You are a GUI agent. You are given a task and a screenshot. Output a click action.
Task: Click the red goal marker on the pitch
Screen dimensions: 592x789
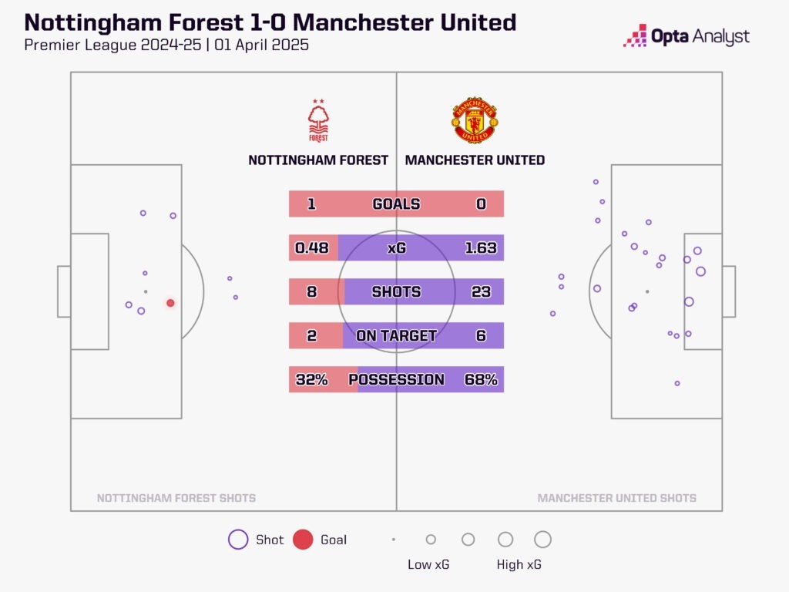point(170,303)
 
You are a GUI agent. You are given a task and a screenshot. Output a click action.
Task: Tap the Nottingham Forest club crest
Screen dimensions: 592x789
point(317,121)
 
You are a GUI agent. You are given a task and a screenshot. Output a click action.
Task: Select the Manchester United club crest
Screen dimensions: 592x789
point(475,120)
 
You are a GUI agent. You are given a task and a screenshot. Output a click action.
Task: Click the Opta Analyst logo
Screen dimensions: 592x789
point(687,36)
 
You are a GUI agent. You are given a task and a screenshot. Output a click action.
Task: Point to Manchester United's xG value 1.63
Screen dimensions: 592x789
point(481,248)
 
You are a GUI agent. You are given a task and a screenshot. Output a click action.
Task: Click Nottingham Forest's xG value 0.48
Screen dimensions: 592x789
point(312,248)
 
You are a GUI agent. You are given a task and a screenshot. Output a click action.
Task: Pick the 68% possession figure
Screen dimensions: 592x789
point(481,379)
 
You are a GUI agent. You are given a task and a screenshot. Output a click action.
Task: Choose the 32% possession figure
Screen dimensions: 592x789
point(311,379)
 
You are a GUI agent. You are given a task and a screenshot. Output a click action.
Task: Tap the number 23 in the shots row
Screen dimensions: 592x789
point(481,291)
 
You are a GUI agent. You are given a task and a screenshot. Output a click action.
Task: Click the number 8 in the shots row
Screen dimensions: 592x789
point(311,291)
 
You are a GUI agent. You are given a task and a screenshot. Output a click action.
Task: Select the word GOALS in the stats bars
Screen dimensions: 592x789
point(396,204)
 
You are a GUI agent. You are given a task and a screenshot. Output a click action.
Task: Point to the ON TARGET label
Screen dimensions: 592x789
point(396,335)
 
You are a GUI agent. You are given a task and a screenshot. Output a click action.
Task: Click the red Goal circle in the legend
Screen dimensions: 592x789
point(303,540)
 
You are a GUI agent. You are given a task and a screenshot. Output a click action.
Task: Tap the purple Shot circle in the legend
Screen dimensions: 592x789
point(238,540)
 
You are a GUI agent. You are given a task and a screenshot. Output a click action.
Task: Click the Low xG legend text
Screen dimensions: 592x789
point(428,565)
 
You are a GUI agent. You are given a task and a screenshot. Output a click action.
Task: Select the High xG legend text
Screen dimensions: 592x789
point(519,565)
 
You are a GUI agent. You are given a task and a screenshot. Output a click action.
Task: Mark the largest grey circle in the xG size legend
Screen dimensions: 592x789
point(542,540)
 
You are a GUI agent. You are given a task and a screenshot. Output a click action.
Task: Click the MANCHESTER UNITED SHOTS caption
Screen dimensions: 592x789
point(616,498)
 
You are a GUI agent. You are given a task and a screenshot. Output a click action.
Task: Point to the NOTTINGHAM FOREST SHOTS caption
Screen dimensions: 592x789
point(176,498)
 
